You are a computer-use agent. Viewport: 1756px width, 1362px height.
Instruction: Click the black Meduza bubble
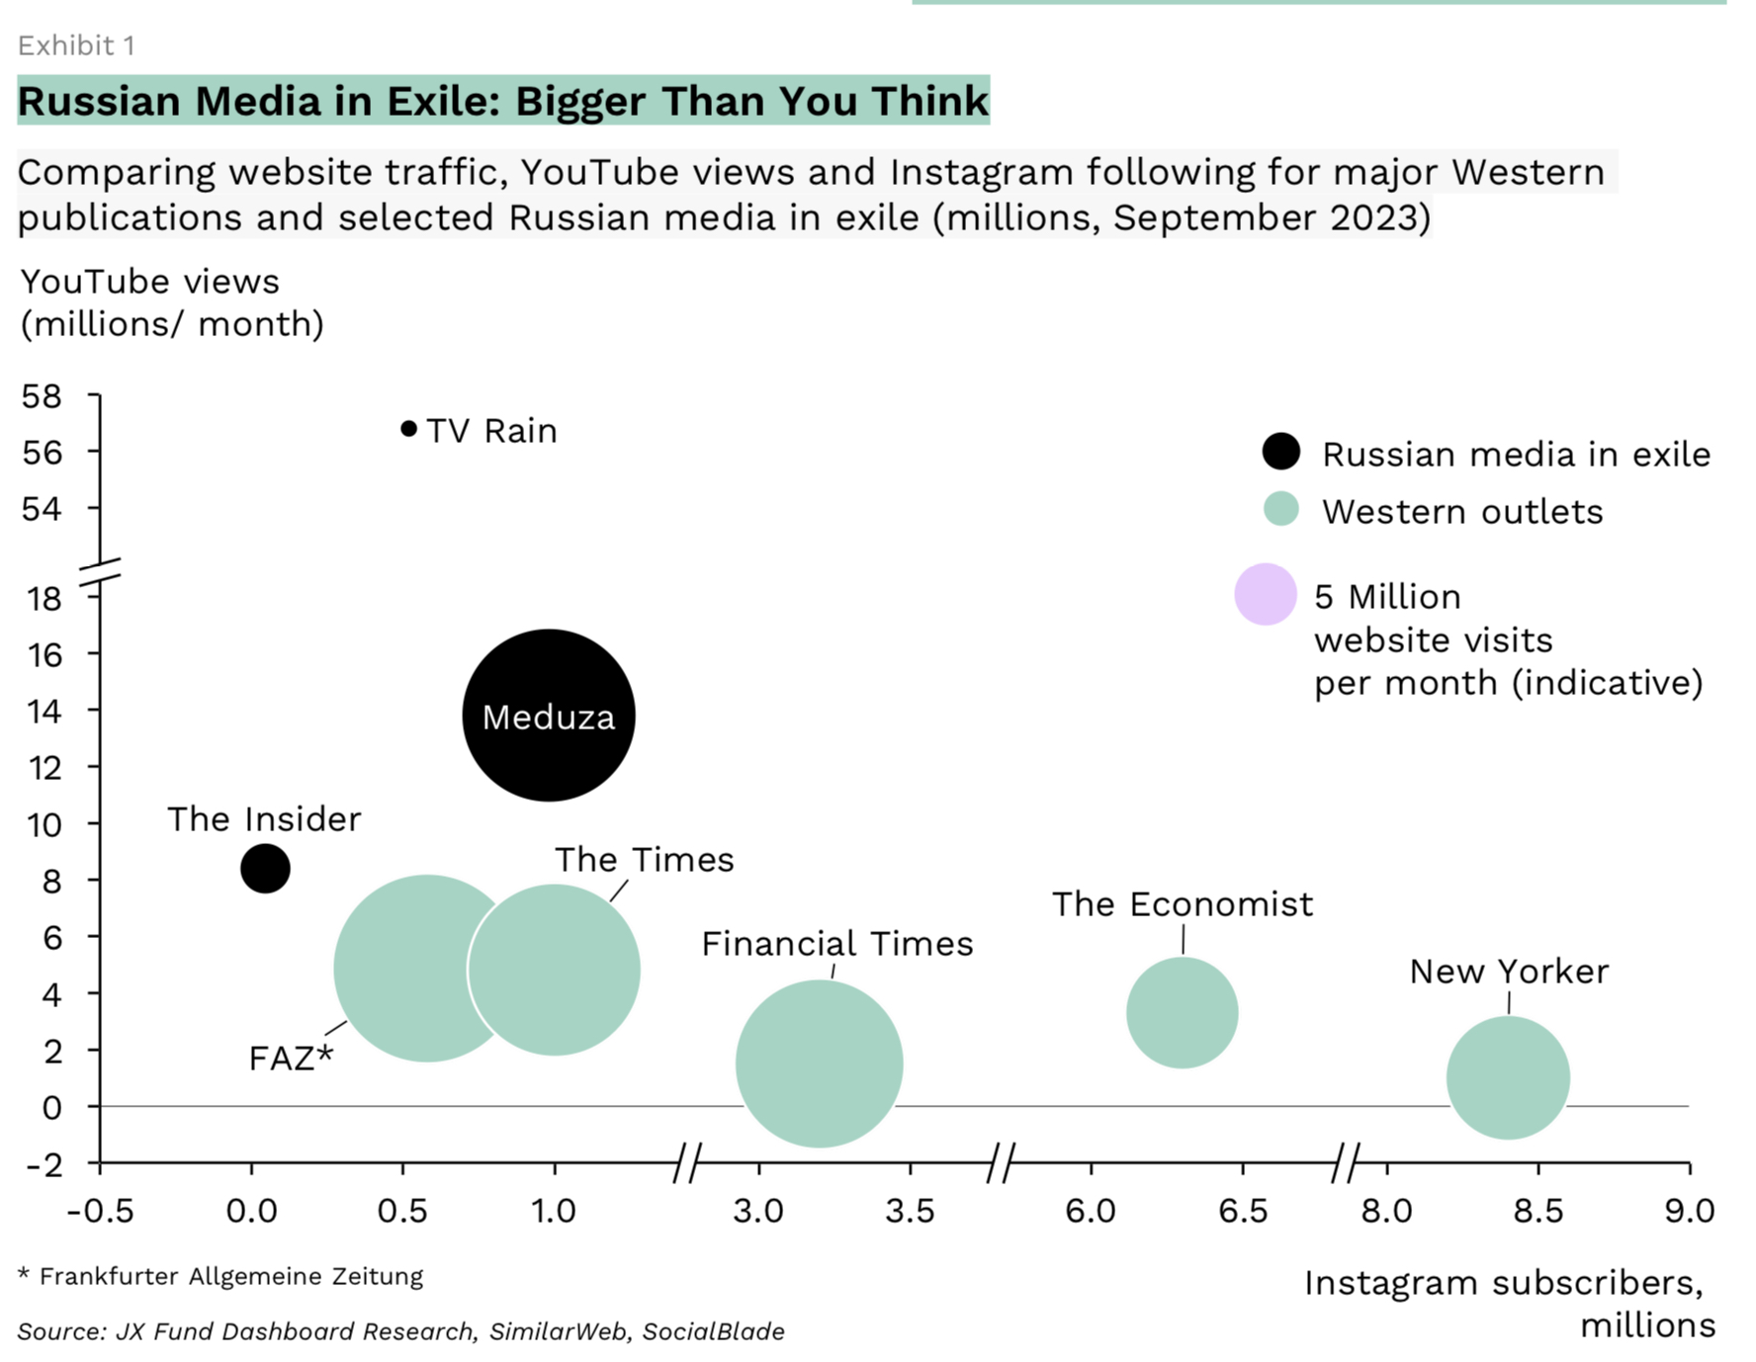pos(549,715)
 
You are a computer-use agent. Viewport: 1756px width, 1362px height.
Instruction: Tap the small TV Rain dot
pos(408,428)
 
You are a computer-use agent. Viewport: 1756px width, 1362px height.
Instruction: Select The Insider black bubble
pos(265,869)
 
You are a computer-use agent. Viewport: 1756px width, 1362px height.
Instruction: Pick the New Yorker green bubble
pos(1508,1077)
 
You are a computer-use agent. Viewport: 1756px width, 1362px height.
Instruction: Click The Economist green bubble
pos(1182,1012)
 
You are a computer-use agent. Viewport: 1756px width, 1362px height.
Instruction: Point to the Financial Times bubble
pos(819,1064)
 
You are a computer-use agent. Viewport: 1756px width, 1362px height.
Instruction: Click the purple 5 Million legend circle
pos(1265,594)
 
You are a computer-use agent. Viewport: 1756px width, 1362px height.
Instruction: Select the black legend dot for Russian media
pos(1280,452)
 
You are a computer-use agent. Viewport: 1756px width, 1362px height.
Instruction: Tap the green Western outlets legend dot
pos(1280,510)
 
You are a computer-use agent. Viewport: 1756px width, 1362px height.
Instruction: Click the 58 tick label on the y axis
pos(42,396)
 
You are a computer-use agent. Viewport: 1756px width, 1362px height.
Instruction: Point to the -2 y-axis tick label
pos(44,1164)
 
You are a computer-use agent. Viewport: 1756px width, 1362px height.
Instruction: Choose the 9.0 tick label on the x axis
pos(1689,1211)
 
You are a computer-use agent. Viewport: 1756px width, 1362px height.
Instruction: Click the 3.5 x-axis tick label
pos(910,1211)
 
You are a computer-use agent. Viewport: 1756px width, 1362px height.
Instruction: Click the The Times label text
pos(644,860)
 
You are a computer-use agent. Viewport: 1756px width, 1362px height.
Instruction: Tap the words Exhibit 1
pos(76,45)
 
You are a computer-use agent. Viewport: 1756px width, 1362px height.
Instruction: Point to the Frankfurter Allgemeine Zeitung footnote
pos(230,1276)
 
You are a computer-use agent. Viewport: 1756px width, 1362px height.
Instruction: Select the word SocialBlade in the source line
pos(713,1331)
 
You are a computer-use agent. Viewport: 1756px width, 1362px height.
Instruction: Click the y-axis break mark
pos(99,574)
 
